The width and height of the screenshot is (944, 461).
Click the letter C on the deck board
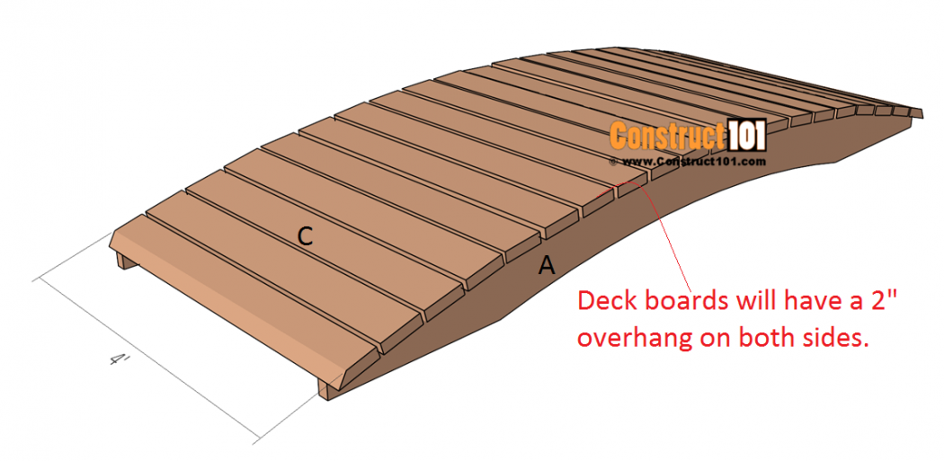[306, 237]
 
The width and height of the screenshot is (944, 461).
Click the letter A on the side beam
[546, 265]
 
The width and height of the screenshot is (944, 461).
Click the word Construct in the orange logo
[666, 136]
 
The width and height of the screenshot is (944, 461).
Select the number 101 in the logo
[744, 136]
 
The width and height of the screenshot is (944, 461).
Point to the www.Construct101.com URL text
[693, 161]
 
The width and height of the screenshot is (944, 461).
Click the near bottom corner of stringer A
[327, 400]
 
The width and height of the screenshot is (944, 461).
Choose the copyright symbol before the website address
[613, 162]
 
